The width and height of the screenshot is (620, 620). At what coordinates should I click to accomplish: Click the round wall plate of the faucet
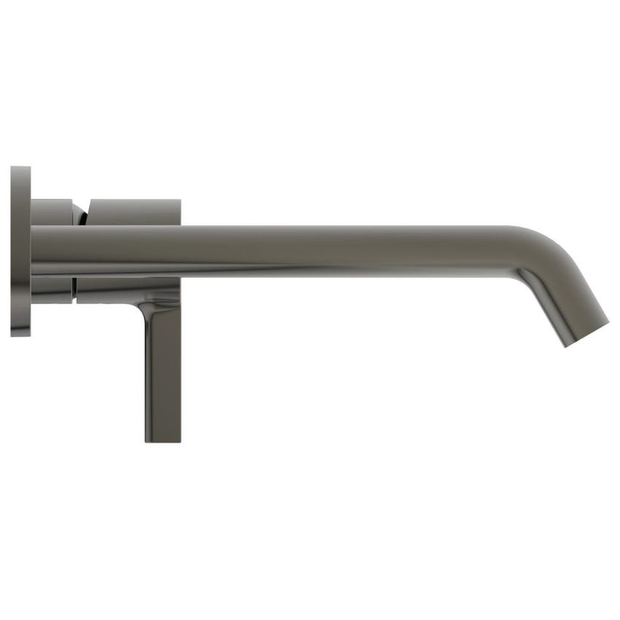click(20, 252)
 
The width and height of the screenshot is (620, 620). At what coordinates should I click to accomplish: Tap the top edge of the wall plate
click(20, 168)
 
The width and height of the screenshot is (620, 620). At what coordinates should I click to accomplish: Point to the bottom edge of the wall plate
click(20, 336)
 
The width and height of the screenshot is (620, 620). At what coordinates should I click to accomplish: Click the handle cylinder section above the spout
click(134, 212)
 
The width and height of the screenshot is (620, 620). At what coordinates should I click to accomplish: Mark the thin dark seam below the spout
click(74, 290)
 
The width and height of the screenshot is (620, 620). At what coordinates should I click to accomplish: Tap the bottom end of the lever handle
click(163, 440)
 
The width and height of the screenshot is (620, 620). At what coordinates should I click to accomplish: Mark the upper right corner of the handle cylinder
click(179, 200)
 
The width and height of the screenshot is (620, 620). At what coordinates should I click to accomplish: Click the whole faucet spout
click(328, 251)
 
